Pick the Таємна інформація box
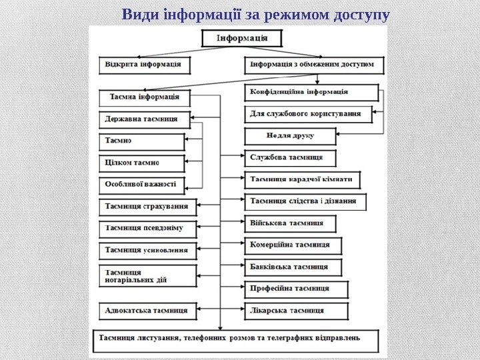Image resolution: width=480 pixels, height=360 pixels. (x=144, y=97)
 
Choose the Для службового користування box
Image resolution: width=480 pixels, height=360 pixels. (x=309, y=114)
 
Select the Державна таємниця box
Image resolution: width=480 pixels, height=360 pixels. (x=143, y=120)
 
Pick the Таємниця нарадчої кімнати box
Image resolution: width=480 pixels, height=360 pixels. (x=303, y=180)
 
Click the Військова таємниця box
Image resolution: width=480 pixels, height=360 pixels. (x=291, y=223)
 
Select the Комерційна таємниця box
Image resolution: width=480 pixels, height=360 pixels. (x=293, y=245)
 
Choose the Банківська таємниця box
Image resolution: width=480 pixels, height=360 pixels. (x=293, y=267)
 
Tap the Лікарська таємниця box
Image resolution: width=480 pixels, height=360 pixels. (x=296, y=311)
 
